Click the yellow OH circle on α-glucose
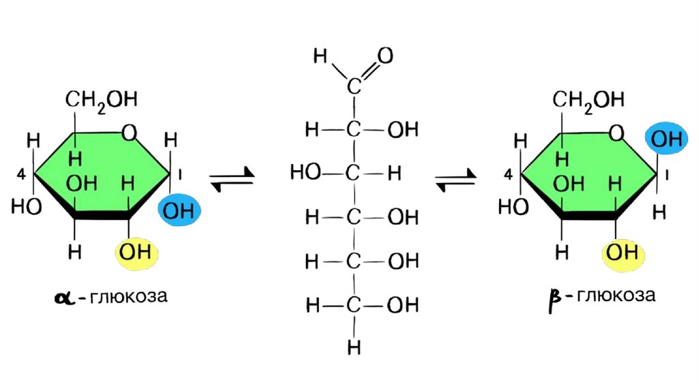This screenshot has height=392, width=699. click(137, 253)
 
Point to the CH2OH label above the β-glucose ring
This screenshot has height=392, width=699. click(588, 100)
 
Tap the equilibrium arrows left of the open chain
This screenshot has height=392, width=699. click(231, 180)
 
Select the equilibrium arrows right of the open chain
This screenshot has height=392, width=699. click(456, 180)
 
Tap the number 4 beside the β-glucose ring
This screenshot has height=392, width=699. click(507, 177)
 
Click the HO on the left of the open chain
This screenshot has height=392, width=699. click(304, 173)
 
